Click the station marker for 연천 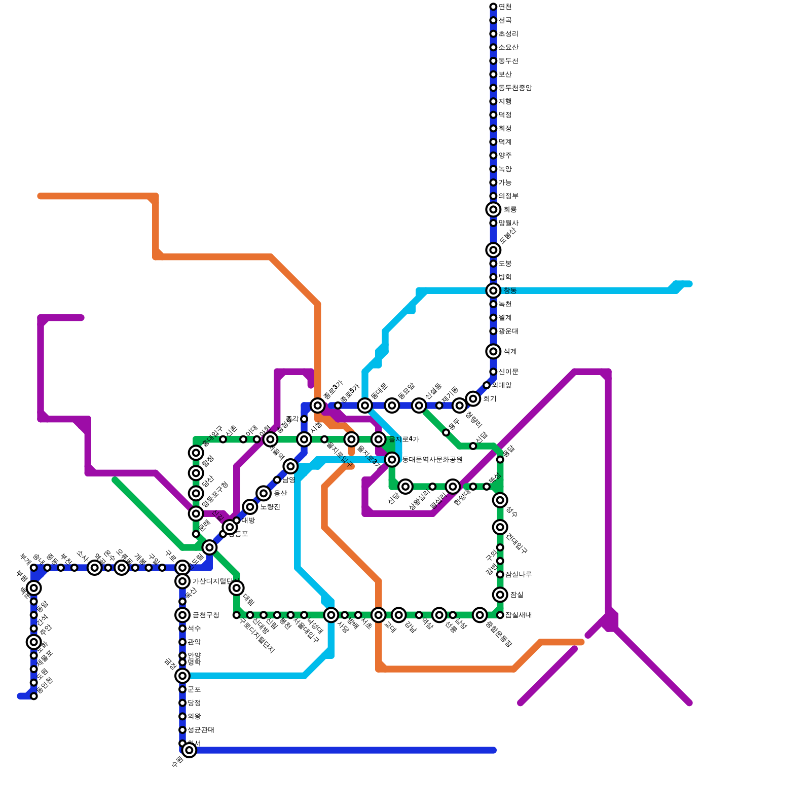click(x=493, y=7)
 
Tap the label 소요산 click(x=508, y=47)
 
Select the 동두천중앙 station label click(x=514, y=88)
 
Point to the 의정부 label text click(x=508, y=196)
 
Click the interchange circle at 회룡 click(x=493, y=209)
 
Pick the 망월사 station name click(x=508, y=223)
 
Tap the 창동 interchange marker click(x=493, y=290)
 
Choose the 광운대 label click(x=508, y=331)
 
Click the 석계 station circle click(x=493, y=351)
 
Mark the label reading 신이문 click(x=508, y=372)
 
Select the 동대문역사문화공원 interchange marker click(x=392, y=460)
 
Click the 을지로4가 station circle click(x=379, y=439)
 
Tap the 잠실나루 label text click(x=518, y=574)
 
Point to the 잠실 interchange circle click(x=500, y=595)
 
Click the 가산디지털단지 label click(x=215, y=581)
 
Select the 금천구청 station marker click(x=182, y=615)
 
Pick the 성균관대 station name click(x=200, y=730)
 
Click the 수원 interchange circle click(x=189, y=750)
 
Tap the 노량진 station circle click(x=250, y=506)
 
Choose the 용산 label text click(x=280, y=493)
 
